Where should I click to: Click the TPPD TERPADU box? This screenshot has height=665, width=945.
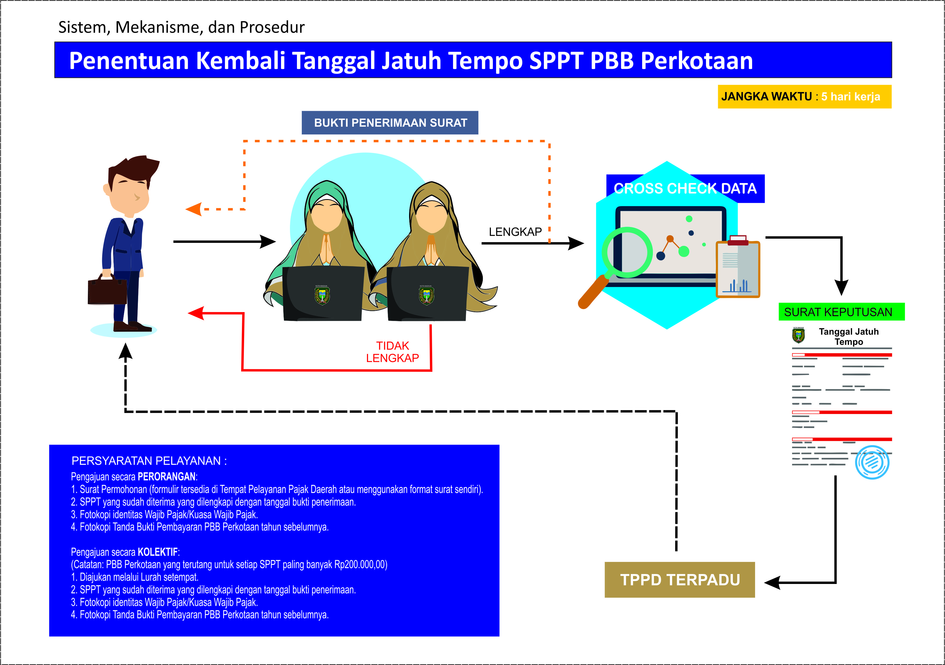pyautogui.click(x=679, y=579)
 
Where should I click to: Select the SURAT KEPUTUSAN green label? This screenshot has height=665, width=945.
pyautogui.click(x=841, y=312)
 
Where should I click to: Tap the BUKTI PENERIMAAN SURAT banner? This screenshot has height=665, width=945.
pyautogui.click(x=390, y=123)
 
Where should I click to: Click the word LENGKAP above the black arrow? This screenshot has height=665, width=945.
pyautogui.click(x=515, y=232)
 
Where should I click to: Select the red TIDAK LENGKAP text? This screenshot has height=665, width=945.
pyautogui.click(x=392, y=352)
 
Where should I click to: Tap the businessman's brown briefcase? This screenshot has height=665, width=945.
pyautogui.click(x=107, y=291)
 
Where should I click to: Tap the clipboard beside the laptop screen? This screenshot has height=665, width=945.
pyautogui.click(x=738, y=269)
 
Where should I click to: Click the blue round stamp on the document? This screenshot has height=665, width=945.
pyautogui.click(x=872, y=462)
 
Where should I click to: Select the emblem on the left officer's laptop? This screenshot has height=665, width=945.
pyautogui.click(x=322, y=295)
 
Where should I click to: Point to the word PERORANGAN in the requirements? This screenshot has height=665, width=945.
pyautogui.click(x=166, y=477)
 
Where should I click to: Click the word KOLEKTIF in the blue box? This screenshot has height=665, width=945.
pyautogui.click(x=158, y=552)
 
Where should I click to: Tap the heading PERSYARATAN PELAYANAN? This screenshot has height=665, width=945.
pyautogui.click(x=149, y=461)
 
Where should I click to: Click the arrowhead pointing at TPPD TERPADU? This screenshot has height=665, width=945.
pyautogui.click(x=773, y=583)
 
